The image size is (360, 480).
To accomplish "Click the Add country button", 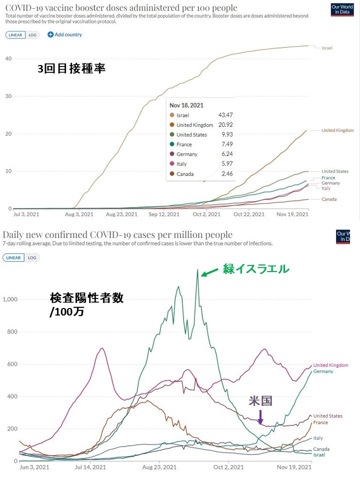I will coord(64,34).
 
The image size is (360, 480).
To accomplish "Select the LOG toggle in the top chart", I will coord(32,35).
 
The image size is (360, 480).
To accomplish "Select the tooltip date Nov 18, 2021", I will coord(186,105).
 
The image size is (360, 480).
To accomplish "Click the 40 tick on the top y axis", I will coord(8,58).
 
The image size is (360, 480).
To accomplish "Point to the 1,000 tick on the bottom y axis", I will coord(10,299).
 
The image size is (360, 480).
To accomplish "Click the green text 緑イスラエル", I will coord(256,269).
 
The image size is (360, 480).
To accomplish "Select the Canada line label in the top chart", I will coord(329,199).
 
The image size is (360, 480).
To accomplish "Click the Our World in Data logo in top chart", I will coord(342,10).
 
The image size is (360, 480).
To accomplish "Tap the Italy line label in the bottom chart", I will coord(318,438).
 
